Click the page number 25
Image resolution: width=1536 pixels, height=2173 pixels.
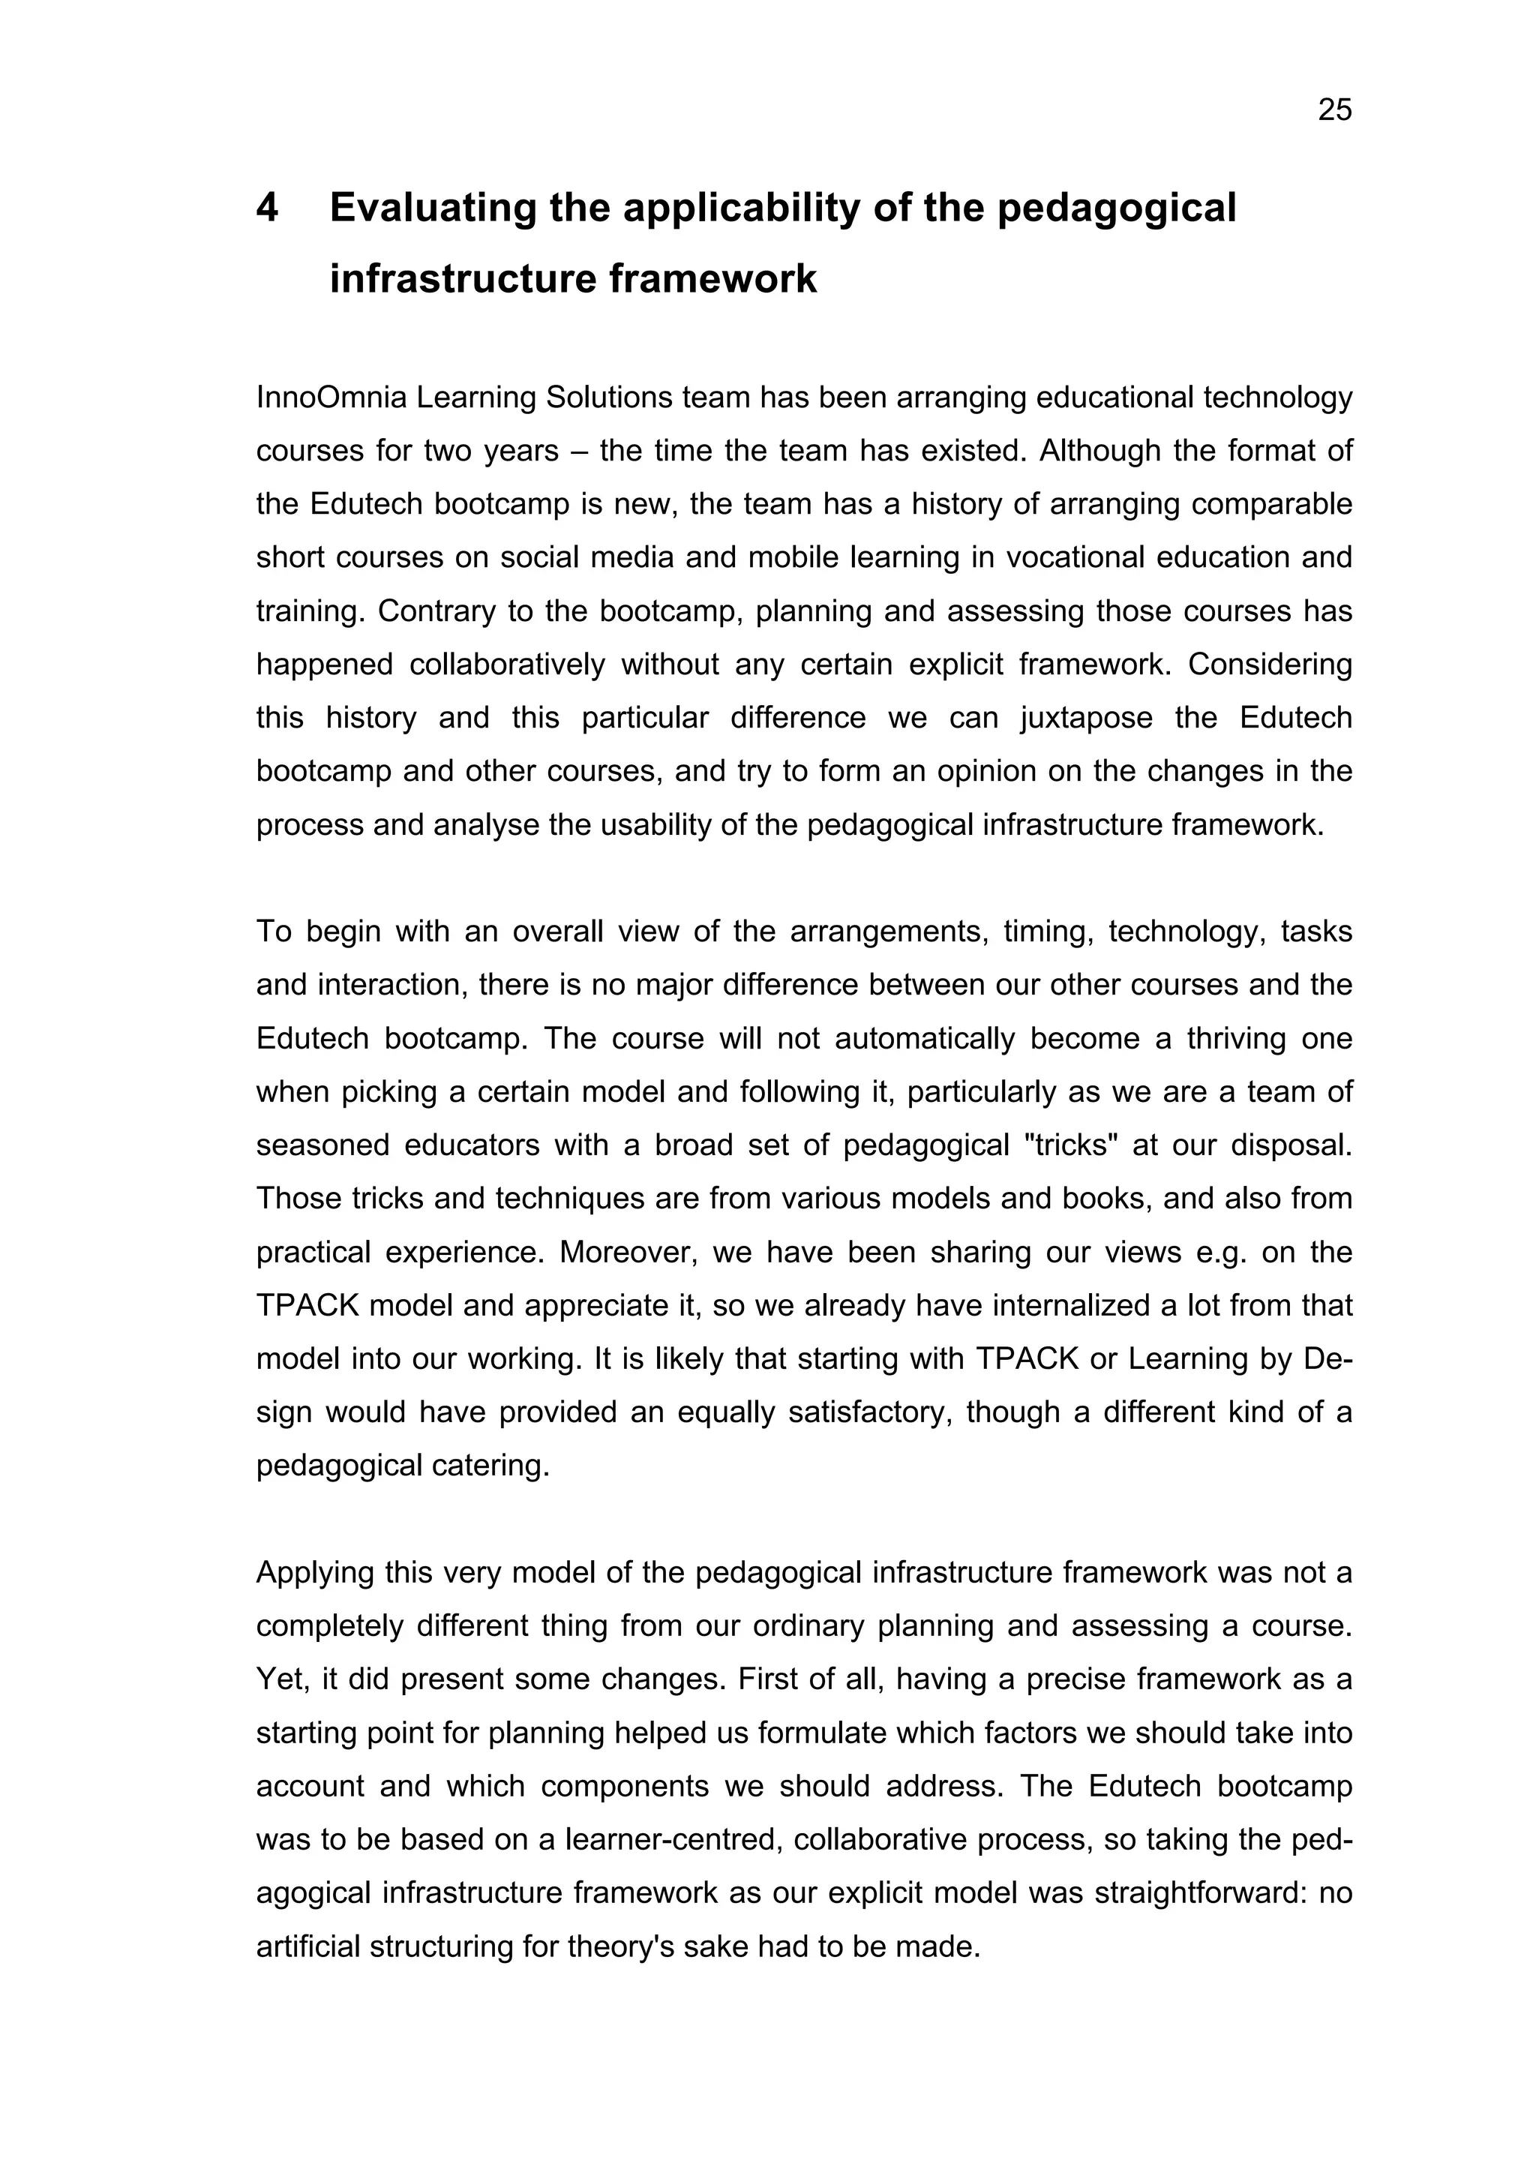(x=1334, y=111)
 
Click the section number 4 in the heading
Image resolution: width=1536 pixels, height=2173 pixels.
(x=268, y=209)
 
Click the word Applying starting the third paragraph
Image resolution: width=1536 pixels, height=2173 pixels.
(x=314, y=1573)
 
